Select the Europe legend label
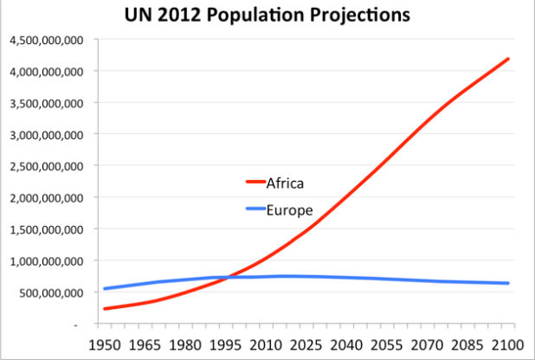click(290, 209)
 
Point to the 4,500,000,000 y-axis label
click(45, 40)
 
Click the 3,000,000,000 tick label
click(45, 134)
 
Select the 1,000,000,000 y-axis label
click(45, 260)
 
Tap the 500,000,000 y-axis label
click(50, 292)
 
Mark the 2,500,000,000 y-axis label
click(45, 166)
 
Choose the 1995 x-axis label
click(227, 344)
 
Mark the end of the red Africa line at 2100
click(509, 59)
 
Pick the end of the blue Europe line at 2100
click(509, 283)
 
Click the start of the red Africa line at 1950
click(104, 309)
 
